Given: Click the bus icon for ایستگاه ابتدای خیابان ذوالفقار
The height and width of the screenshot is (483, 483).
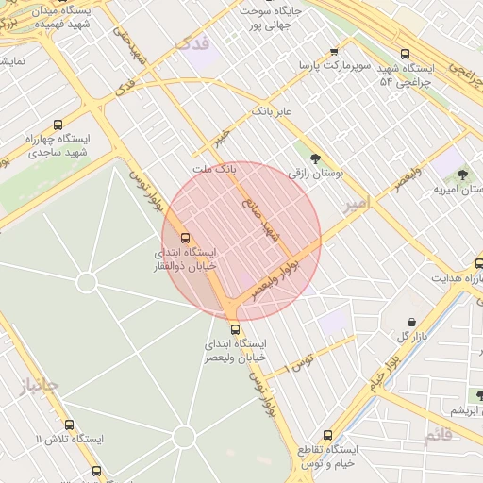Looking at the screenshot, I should pos(185,239).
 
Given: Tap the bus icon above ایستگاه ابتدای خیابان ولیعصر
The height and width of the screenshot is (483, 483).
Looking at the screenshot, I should pos(235,329).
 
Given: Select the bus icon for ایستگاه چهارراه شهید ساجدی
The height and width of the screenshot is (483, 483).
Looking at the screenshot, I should pos(58,125).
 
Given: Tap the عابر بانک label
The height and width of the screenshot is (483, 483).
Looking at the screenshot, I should pos(274,111).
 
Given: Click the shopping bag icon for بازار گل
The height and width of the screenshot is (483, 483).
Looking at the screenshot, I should pos(412,322).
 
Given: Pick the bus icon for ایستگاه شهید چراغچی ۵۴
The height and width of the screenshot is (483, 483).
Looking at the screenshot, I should pos(406,54).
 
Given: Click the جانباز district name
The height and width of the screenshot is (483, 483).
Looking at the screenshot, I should pos(39,384).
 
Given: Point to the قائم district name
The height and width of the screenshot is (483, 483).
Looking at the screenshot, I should pos(439,435).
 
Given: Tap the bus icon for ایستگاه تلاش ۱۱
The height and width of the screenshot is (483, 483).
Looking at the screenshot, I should pos(69,425).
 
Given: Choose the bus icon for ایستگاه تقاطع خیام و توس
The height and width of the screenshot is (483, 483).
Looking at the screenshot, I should pos(327,435).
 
